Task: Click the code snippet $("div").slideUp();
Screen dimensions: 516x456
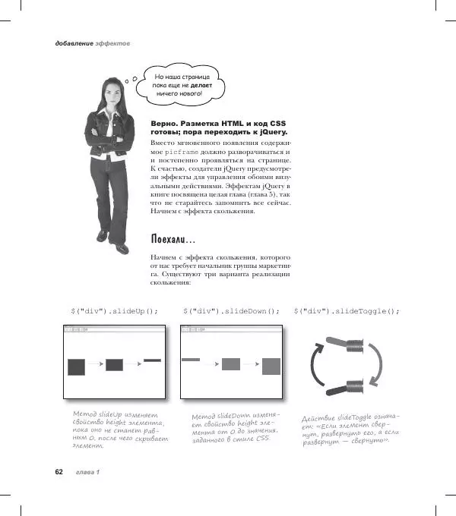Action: pyautogui.click(x=114, y=311)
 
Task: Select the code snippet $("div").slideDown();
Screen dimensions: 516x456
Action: pyautogui.click(x=231, y=311)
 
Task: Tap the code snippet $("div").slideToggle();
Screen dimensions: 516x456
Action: pyautogui.click(x=350, y=311)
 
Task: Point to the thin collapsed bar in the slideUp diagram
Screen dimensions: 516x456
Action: pyautogui.click(x=152, y=360)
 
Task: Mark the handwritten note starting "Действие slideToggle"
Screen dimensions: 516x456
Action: pyautogui.click(x=350, y=429)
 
